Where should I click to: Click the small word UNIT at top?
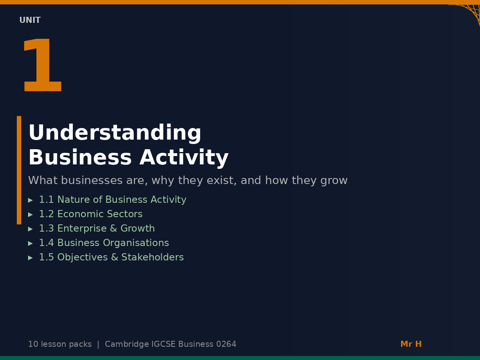pos(30,20)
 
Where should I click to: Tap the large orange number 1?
pos(42,66)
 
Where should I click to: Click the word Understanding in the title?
pos(114,133)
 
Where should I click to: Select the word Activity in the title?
pos(184,158)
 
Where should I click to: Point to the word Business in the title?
pos(80,158)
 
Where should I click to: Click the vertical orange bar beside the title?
pos(19,170)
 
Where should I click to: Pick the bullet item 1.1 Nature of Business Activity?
pos(112,200)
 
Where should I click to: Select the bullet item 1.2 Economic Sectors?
pos(90,214)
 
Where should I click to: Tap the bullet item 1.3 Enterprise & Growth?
pos(96,229)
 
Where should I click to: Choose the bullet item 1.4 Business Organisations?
pos(104,243)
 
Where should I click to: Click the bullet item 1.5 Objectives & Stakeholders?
pos(111,258)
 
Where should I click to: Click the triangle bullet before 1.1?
pos(30,200)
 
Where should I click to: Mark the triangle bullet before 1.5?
pos(30,258)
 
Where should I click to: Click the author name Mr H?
pos(411,344)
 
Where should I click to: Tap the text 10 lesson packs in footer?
pos(60,344)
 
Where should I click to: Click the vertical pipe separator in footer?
pos(98,344)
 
